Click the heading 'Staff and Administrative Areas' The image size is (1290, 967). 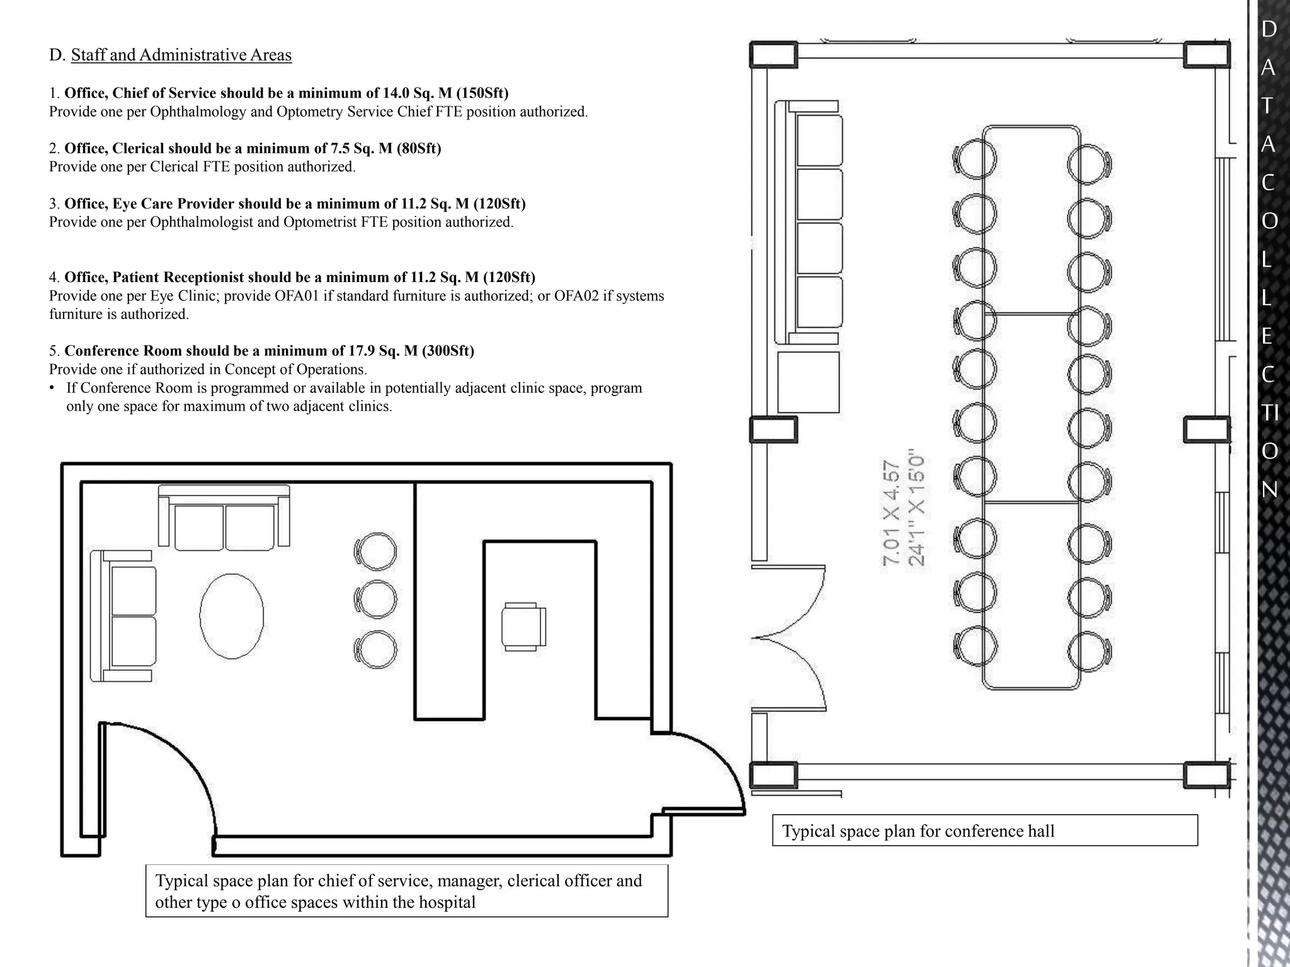[181, 55]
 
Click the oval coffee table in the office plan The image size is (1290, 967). [231, 616]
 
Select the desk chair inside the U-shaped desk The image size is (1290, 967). [523, 626]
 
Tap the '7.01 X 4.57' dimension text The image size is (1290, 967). [892, 514]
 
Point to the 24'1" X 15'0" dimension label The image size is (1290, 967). [916, 507]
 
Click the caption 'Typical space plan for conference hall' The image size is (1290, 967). [918, 831]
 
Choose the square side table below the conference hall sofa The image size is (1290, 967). [808, 382]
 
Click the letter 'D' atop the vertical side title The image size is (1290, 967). [1269, 29]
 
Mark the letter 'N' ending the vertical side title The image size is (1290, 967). [1269, 489]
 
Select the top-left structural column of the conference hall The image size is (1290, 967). [773, 54]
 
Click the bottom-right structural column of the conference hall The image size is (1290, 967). [1206, 775]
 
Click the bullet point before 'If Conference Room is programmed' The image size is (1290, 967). [52, 388]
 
